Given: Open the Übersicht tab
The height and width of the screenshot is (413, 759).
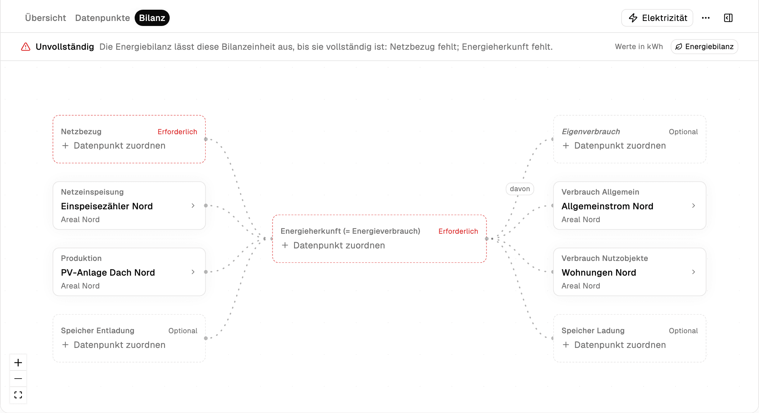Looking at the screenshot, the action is point(45,18).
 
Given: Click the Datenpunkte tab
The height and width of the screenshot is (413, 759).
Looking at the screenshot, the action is point(102,18).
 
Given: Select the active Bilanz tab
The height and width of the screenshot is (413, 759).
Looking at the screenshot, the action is point(152,18).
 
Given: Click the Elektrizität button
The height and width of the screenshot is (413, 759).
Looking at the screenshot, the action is point(657,18).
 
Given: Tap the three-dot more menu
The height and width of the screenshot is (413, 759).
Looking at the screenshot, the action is point(706,18).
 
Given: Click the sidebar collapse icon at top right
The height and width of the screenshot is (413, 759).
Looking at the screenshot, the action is point(728,18).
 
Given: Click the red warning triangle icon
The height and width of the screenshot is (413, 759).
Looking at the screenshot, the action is point(26,47).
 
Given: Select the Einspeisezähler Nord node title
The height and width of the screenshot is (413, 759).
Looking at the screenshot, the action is point(107,206).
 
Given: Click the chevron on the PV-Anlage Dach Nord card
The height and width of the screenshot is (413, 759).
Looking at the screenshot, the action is point(193,272).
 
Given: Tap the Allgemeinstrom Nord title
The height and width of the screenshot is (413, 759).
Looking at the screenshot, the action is point(607,206).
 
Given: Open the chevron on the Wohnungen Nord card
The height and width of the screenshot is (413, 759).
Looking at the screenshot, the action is point(694,272).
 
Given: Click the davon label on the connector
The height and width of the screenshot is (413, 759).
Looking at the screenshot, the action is point(520,189).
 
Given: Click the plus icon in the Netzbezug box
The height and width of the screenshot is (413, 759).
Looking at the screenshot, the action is point(65,145).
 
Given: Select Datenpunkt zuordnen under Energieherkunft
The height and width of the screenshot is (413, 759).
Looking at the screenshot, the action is point(339,245).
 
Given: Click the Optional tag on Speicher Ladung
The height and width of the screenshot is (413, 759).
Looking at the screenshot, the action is point(683,331).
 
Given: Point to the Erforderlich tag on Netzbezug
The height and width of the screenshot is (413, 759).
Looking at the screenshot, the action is point(177,132).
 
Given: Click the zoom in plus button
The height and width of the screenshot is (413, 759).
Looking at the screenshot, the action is point(18,363).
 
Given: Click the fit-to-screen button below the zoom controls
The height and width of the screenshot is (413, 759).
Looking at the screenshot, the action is point(18,395).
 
